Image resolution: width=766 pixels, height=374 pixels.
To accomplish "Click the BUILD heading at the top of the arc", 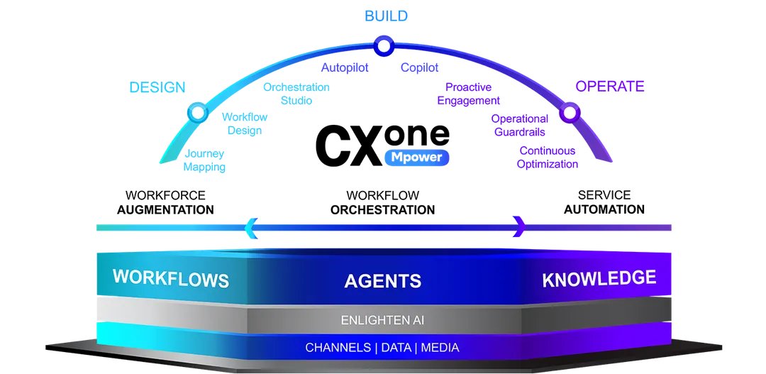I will pyautogui.click(x=386, y=15).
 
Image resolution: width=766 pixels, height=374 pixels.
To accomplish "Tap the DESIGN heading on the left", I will pyautogui.click(x=157, y=87).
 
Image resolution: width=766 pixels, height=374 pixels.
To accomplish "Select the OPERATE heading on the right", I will pyautogui.click(x=609, y=87).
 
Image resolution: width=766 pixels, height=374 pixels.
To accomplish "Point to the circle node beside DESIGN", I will pyautogui.click(x=196, y=113).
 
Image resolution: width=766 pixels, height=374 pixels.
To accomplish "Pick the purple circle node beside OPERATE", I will pyautogui.click(x=569, y=113).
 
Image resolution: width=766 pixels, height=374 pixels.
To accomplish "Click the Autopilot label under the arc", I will pyautogui.click(x=344, y=68).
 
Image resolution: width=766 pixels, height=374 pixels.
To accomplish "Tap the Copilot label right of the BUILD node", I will pyautogui.click(x=420, y=68).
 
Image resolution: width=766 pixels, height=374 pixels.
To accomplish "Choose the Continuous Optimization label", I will pyautogui.click(x=548, y=158).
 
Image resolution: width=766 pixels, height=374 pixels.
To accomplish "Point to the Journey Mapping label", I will pyautogui.click(x=204, y=161).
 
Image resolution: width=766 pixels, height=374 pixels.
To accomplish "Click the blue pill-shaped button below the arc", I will pyautogui.click(x=416, y=158).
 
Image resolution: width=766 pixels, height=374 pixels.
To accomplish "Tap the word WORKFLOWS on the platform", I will pyautogui.click(x=170, y=277).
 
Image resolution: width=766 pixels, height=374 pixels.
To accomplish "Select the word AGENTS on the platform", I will pyautogui.click(x=382, y=281).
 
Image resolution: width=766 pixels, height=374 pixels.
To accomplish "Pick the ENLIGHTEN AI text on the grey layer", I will pyautogui.click(x=382, y=320).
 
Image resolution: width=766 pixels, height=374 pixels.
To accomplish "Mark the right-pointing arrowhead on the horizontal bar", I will pyautogui.click(x=520, y=227).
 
